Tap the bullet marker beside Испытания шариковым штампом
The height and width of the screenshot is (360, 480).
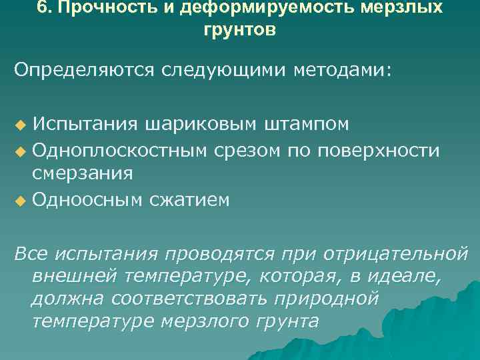coord(19,125)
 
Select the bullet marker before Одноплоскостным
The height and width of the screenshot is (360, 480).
coord(19,151)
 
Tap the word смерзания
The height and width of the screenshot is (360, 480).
coord(83,173)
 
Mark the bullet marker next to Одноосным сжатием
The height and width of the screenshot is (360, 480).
coord(19,200)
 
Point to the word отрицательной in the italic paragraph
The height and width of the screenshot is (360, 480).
coord(395,255)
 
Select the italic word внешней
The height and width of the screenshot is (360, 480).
coord(67,277)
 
